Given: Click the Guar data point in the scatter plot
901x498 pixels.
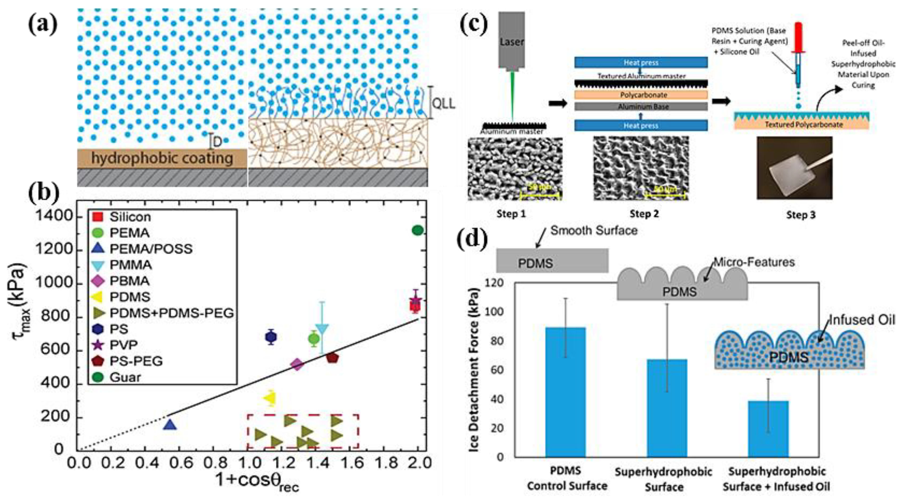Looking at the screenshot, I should click(418, 231).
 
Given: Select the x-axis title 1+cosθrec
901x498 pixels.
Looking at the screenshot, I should click(257, 482).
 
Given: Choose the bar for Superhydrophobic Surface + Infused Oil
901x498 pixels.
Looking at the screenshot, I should click(768, 429).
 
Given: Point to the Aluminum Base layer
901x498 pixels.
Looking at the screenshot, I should click(641, 107).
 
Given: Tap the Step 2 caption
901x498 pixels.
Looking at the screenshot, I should click(644, 214).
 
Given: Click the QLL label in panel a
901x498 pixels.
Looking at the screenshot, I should click(444, 104).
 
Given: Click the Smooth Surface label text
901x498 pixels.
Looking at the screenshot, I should click(594, 231).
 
